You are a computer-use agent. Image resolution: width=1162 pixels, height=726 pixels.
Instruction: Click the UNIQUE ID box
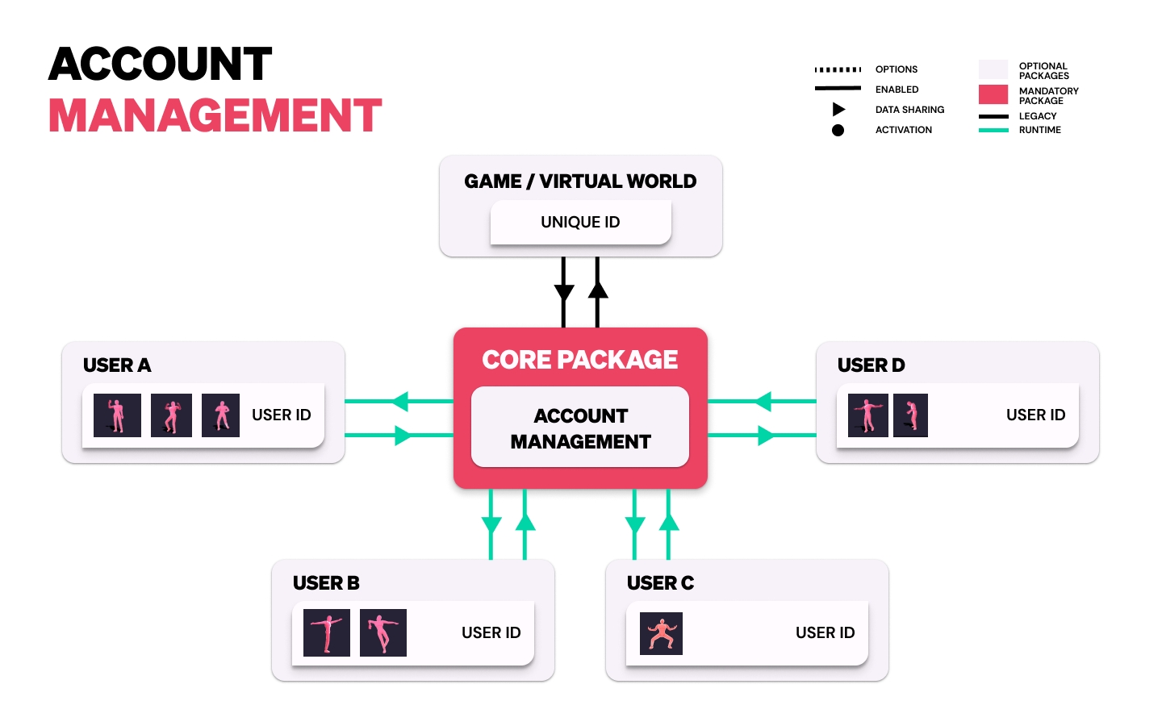580,223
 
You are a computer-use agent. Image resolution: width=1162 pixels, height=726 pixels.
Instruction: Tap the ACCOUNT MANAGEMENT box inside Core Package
580,428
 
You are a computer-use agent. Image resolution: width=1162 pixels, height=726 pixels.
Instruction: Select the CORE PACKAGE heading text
580,360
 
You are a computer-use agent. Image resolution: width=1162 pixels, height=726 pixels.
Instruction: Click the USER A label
117,365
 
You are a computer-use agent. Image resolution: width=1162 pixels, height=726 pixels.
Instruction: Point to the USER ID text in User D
1035,415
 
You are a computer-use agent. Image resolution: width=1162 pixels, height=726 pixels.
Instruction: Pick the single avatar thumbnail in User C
661,633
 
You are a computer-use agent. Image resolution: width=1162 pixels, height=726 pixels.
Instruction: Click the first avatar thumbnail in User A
117,415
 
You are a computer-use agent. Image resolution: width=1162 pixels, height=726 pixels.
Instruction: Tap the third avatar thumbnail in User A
220,415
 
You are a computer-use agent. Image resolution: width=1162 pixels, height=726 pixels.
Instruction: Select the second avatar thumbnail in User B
383,633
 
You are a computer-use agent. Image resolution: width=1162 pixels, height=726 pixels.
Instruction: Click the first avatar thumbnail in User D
868,415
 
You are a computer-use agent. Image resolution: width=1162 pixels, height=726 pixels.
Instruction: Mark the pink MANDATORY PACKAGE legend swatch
993,94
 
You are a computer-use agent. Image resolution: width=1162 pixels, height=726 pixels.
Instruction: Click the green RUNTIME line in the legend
993,130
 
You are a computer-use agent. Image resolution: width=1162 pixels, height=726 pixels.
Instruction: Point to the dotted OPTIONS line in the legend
838,69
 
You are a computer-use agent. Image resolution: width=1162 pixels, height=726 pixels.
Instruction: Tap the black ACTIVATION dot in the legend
838,130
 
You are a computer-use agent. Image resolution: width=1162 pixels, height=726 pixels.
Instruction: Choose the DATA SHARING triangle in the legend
838,110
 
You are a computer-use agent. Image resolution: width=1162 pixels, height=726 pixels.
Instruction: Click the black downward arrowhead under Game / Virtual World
564,292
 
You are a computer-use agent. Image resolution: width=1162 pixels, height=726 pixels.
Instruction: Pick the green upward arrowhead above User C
669,523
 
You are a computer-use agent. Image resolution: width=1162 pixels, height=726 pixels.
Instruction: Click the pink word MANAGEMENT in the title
215,115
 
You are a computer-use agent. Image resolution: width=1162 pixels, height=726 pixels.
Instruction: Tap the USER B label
326,583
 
